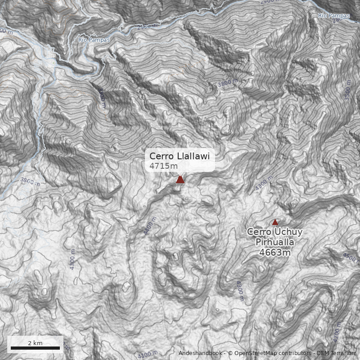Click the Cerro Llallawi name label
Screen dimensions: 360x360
click(180, 156)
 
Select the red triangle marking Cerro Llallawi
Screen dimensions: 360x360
click(180, 180)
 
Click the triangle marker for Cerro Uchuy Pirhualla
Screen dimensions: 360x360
click(275, 222)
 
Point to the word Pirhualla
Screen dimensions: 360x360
click(274, 242)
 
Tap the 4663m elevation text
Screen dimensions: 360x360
click(274, 252)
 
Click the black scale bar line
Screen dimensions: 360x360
click(35, 348)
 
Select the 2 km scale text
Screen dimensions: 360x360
click(35, 343)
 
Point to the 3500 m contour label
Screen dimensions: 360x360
click(347, 91)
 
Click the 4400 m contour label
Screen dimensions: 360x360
click(150, 225)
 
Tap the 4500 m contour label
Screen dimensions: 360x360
click(350, 258)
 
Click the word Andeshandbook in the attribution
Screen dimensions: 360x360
click(201, 353)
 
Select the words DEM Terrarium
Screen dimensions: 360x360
click(336, 353)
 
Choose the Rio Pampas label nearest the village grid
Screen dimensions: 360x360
click(94, 40)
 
